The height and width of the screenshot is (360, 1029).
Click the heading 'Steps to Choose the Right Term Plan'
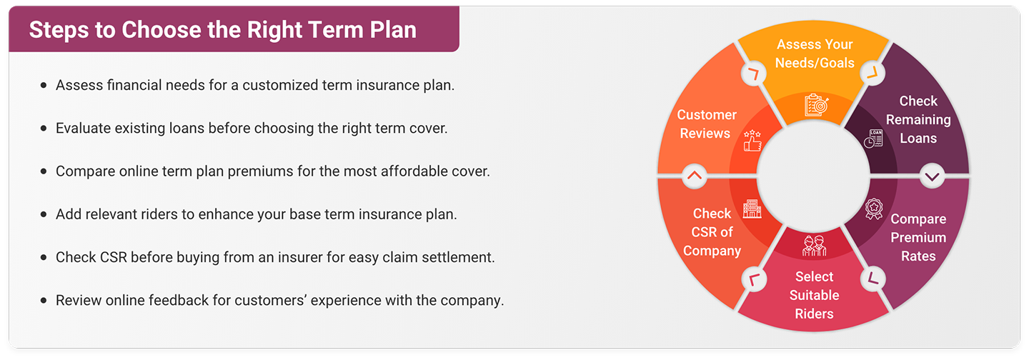point(222,30)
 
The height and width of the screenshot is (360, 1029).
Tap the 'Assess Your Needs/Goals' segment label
point(815,54)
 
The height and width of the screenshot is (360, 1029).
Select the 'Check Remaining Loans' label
point(918,120)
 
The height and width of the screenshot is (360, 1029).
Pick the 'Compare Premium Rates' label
point(918,237)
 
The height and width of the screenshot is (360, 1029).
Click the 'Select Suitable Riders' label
point(815,295)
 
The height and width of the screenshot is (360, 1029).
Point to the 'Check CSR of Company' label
point(712,232)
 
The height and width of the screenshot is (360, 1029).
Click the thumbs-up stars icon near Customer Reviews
point(752,141)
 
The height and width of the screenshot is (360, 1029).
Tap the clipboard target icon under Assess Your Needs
point(815,105)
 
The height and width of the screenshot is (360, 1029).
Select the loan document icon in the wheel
point(873,139)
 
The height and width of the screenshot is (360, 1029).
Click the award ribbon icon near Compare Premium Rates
point(873,208)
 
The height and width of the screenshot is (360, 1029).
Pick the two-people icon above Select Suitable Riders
point(815,245)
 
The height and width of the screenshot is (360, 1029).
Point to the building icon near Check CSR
point(752,209)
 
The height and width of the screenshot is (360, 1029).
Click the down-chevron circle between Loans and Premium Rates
point(933,175)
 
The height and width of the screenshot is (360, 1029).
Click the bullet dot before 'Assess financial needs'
point(44,85)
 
